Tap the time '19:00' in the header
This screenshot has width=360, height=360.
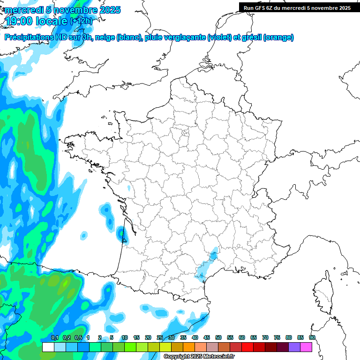(21, 21)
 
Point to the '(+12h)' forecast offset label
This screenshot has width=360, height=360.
(81, 21)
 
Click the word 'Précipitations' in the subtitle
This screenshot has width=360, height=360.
(32, 37)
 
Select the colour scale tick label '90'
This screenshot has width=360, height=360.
(312, 337)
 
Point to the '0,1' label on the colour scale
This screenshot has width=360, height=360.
(54, 337)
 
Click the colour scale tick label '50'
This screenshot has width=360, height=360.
(218, 337)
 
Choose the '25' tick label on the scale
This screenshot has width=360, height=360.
(160, 337)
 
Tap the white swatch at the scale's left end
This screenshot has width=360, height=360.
(48, 347)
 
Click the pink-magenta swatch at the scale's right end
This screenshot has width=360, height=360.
(306, 347)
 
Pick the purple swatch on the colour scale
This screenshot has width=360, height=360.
(294, 347)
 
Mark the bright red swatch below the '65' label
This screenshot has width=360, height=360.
(247, 347)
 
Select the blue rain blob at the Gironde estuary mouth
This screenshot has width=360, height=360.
(121, 232)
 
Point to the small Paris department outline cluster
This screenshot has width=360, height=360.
(185, 134)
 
